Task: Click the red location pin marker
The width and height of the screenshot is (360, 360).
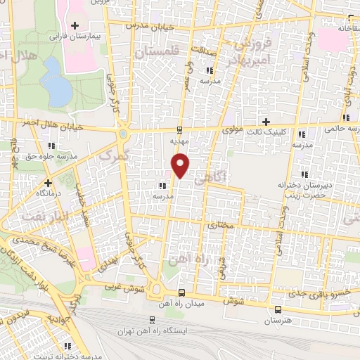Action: pyautogui.click(x=181, y=165)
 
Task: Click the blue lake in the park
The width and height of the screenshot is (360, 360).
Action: pyautogui.click(x=52, y=79)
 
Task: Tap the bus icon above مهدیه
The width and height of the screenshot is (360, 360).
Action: pyautogui.click(x=179, y=129)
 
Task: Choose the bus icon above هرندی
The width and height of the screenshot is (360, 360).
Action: pyautogui.click(x=279, y=309)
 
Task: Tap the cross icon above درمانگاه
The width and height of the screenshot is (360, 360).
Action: pyautogui.click(x=48, y=182)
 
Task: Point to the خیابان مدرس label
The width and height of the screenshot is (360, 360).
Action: pyautogui.click(x=148, y=25)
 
